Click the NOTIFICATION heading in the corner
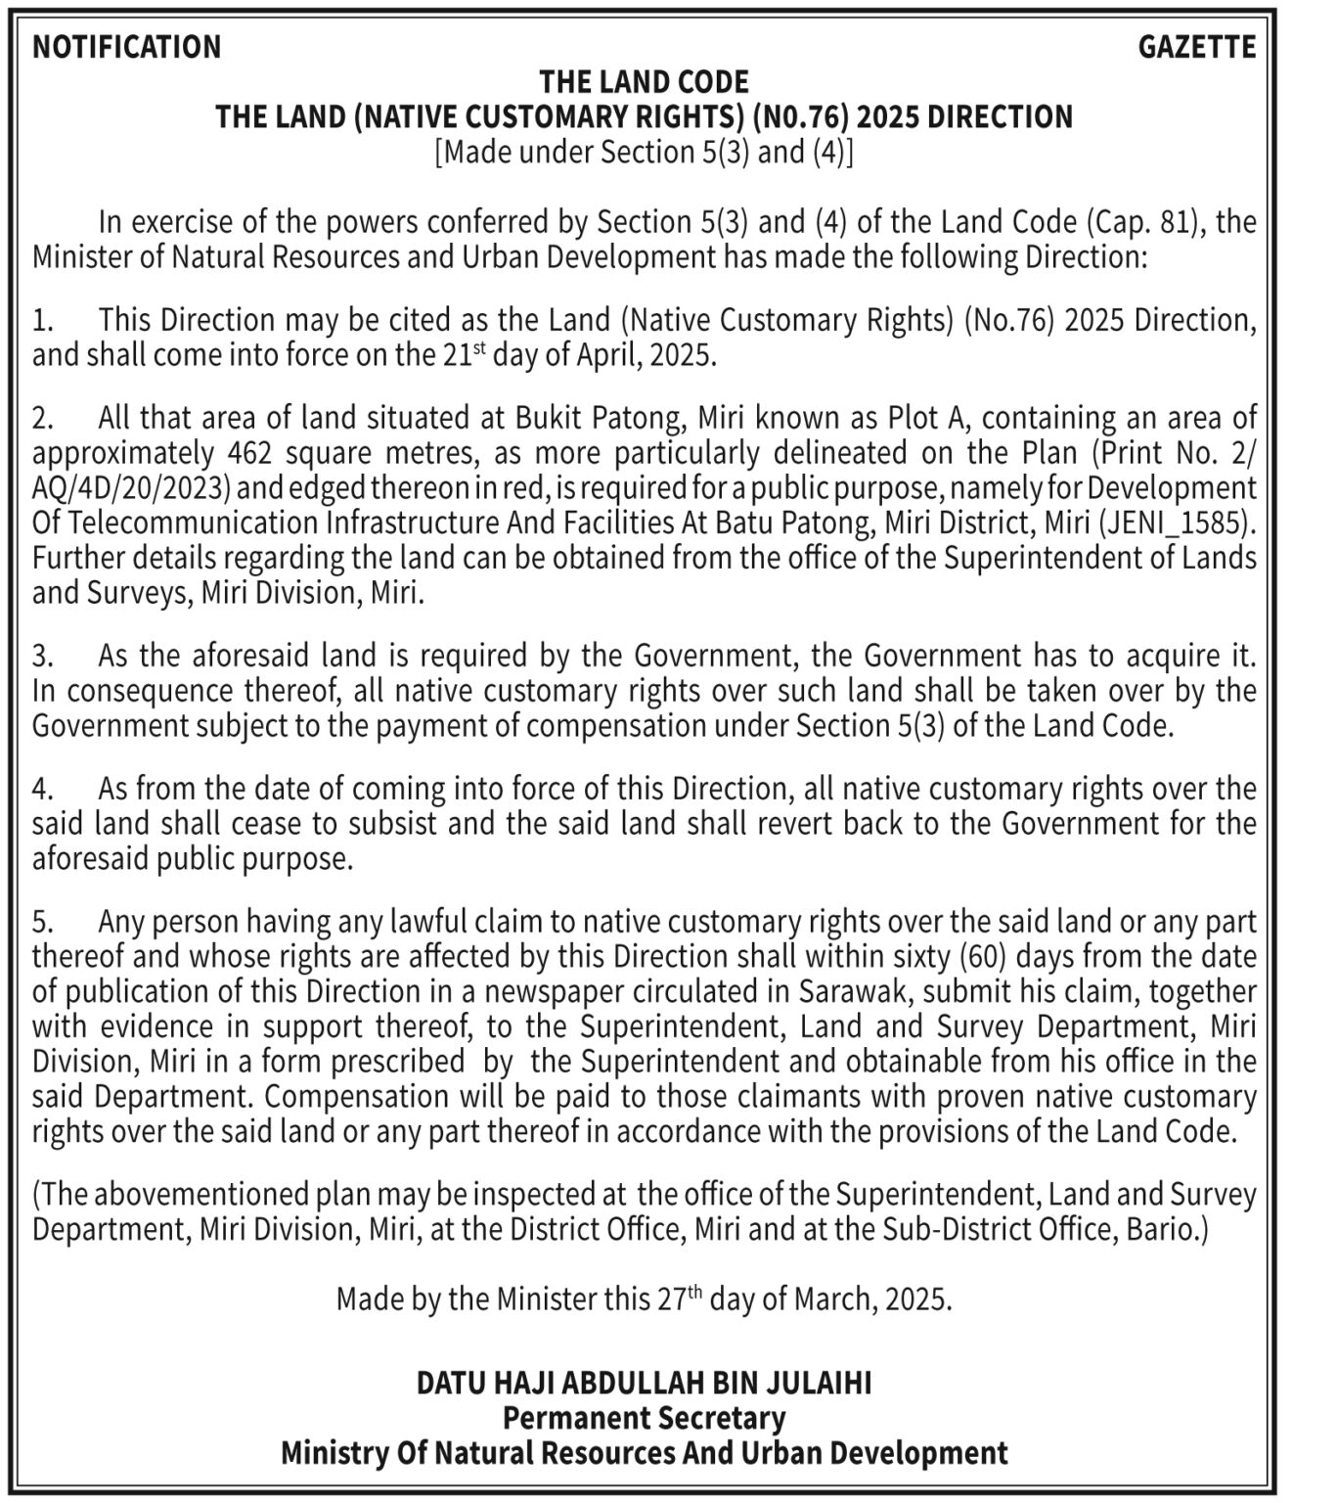(x=127, y=47)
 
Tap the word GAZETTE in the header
(x=1196, y=47)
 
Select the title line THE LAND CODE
(x=644, y=81)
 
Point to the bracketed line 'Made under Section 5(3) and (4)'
(x=644, y=152)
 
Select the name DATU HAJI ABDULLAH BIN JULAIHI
(x=644, y=1383)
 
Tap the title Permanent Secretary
(x=644, y=1417)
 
